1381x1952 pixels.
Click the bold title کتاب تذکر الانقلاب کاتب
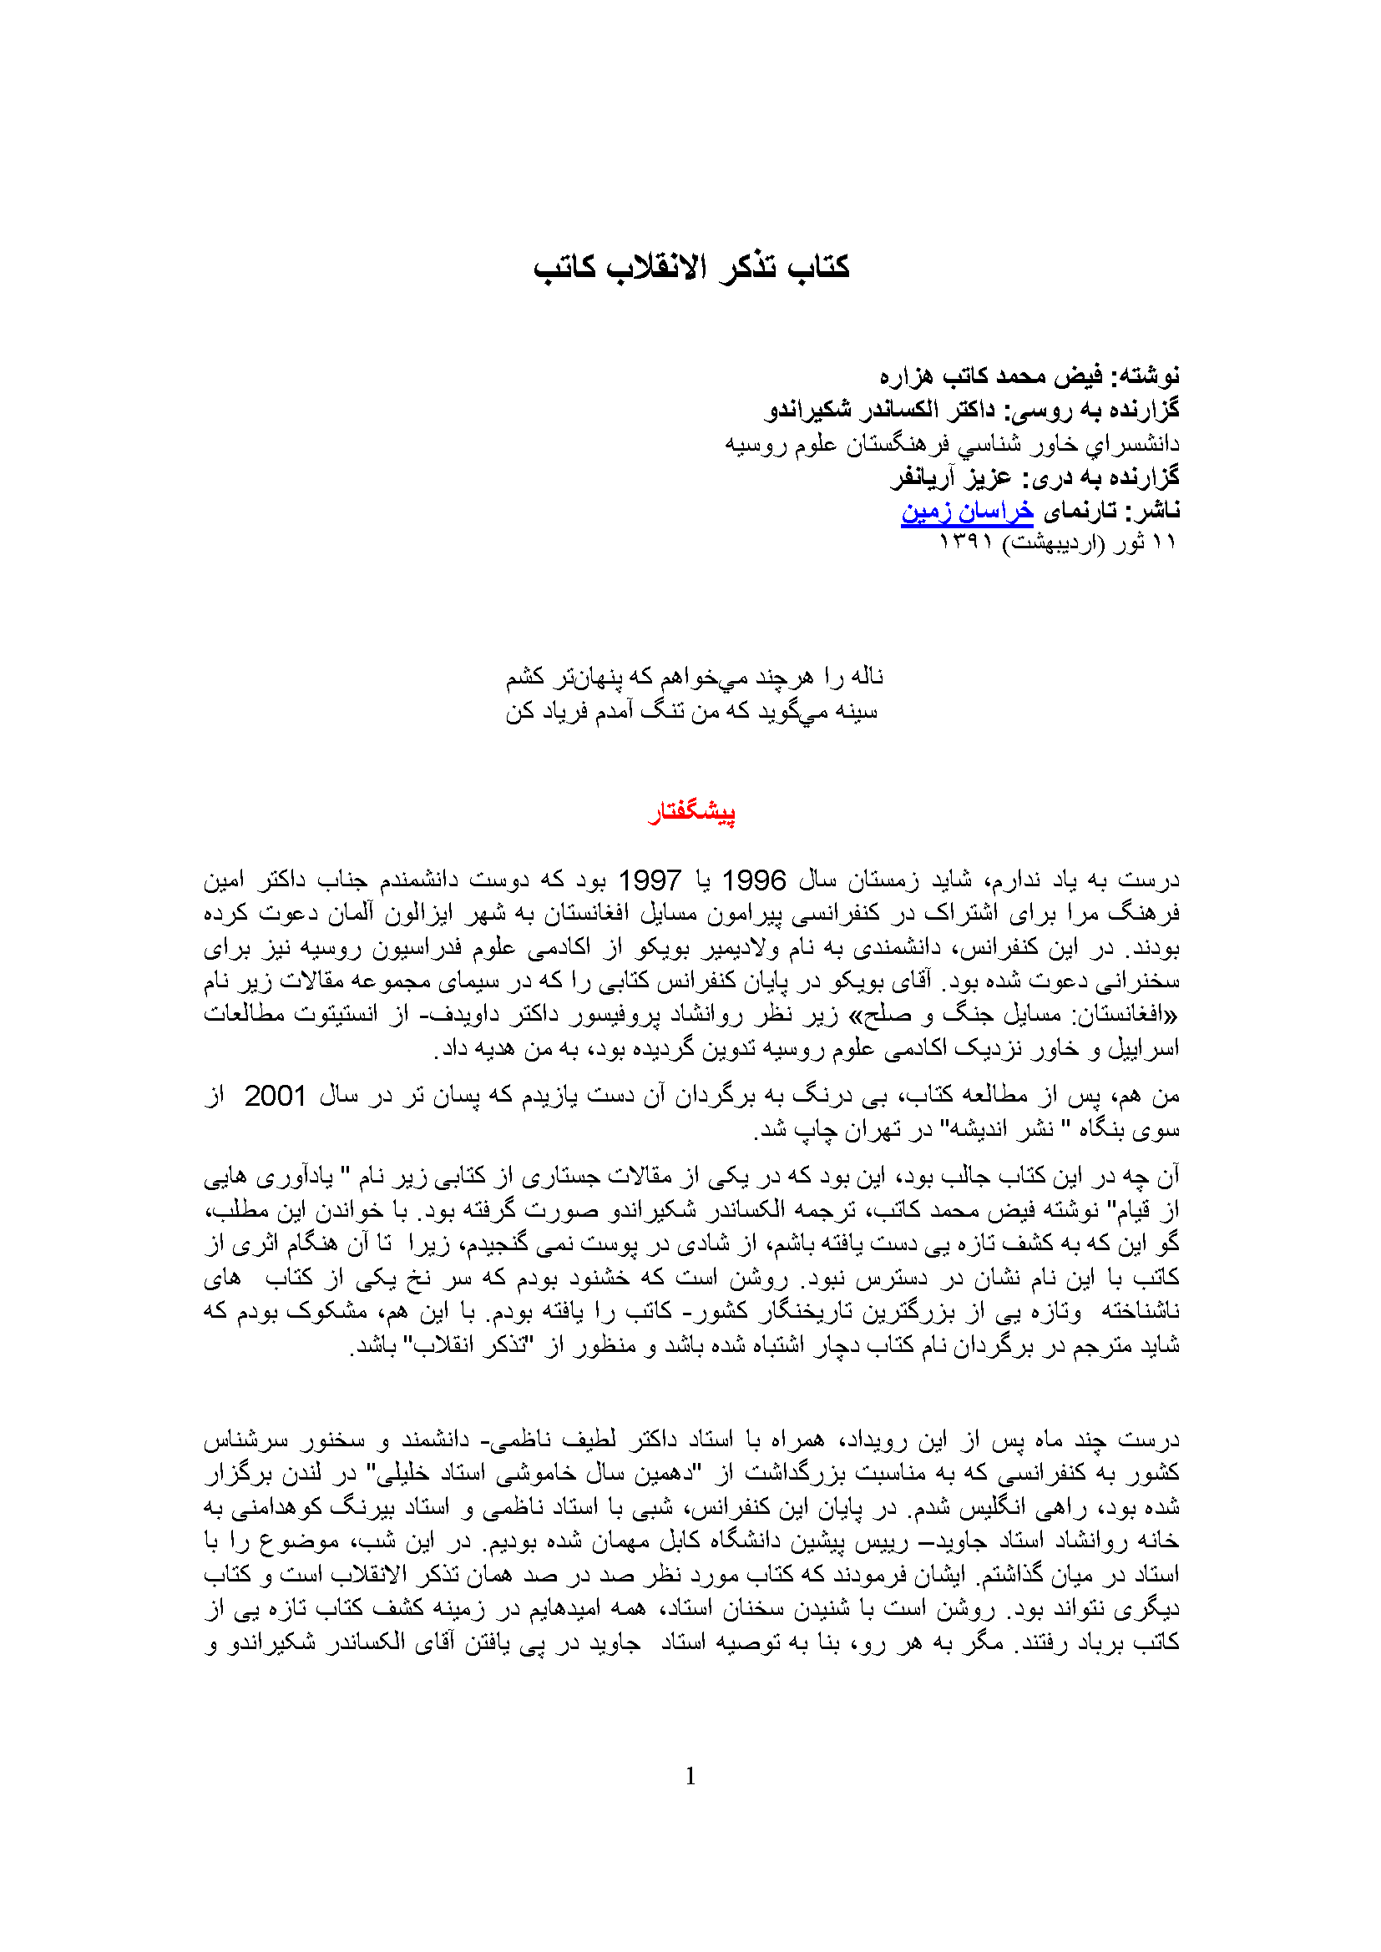[690, 267]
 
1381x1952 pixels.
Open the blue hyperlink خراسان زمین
[967, 511]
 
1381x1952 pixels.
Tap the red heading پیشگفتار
[691, 813]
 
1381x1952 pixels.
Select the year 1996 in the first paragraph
[753, 880]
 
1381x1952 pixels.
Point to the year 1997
[649, 880]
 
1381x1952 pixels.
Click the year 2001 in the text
[275, 1097]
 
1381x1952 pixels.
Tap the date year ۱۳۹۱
[966, 542]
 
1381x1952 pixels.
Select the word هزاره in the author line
[906, 376]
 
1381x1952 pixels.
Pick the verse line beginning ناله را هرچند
[695, 677]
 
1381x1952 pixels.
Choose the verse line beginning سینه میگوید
[690, 711]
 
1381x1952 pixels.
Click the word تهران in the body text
[858, 1130]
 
